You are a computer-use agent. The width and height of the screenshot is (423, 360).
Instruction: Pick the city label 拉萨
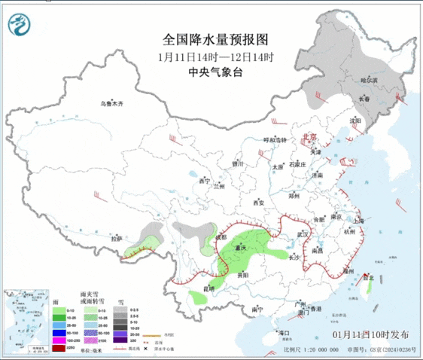coord(116,239)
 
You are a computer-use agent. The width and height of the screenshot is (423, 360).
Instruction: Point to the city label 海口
coord(284,332)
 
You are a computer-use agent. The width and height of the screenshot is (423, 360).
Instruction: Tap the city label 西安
coord(259,203)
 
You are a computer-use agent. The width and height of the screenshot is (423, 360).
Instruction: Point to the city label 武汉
coord(304,234)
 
